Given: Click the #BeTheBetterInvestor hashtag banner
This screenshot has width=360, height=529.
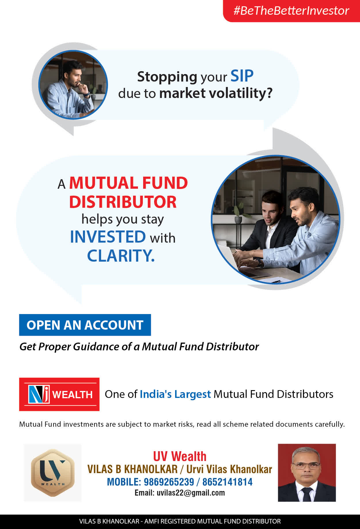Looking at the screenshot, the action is tap(291, 11).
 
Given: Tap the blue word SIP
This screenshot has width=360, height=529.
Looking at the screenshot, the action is tap(242, 76).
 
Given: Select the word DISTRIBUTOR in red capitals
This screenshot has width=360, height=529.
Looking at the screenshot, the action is tap(123, 202).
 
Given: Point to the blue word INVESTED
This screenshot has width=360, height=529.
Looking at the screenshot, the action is tap(108, 237).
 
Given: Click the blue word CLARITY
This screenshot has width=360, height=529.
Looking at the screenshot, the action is tap(121, 256).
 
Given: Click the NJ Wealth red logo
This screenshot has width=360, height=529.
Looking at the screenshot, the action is tap(59, 394).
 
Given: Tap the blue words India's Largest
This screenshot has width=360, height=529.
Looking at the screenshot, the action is tap(175, 394).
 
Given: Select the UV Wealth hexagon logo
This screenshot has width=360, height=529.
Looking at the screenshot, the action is tap(53, 473).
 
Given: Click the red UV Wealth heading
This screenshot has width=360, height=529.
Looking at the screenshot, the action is tap(180, 456).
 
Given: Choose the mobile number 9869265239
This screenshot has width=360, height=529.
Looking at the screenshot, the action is tap(169, 482).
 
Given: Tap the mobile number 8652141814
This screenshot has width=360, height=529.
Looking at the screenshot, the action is tap(227, 482).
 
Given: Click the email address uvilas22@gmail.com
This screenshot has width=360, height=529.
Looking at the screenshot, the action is tap(191, 493).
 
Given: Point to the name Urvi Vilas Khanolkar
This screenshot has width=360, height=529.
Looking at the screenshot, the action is tap(229, 469).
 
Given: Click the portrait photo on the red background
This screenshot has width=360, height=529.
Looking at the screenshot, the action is tap(307, 473).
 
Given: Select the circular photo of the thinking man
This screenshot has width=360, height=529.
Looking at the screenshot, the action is tap(73, 85).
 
